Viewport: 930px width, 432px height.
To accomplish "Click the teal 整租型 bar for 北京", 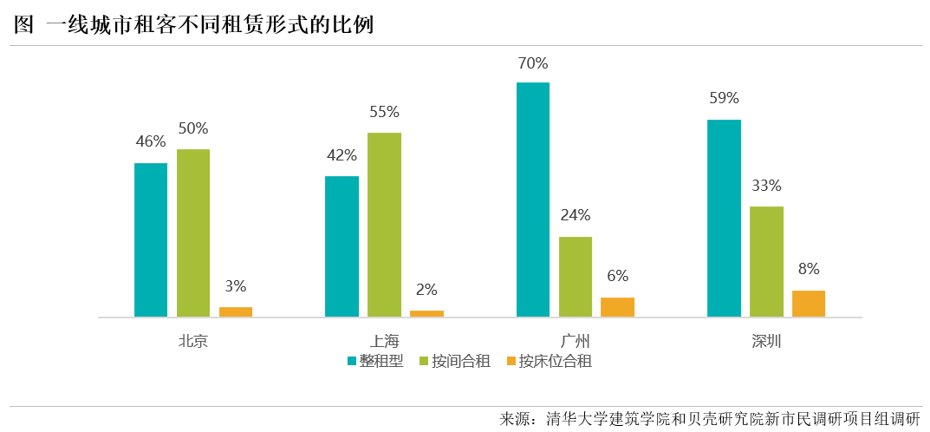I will pos(151,239).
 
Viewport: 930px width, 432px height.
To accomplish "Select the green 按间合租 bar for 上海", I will pos(384,225).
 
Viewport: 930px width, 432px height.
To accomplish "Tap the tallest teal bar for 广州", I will pos(533,200).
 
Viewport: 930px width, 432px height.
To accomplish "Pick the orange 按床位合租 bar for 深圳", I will pos(809,304).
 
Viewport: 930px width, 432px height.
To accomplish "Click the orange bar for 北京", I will pos(236,312).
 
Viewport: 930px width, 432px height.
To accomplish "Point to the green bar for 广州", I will pos(576,277).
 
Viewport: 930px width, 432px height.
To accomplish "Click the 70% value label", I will pos(533,63).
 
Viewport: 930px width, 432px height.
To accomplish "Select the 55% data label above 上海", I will pos(384,112).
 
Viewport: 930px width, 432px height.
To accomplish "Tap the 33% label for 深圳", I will pos(766,186).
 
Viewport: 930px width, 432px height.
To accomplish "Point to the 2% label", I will pos(426,290).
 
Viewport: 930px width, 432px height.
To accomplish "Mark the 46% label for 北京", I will pos(151,142).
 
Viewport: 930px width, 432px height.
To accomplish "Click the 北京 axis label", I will pos(193,341).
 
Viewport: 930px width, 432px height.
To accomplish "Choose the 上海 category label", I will pos(384,341).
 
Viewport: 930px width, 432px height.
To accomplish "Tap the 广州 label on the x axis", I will pos(575,341).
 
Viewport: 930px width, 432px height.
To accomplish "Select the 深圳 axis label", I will pos(766,341).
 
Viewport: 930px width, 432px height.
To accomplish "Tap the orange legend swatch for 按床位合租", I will pos(511,362).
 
